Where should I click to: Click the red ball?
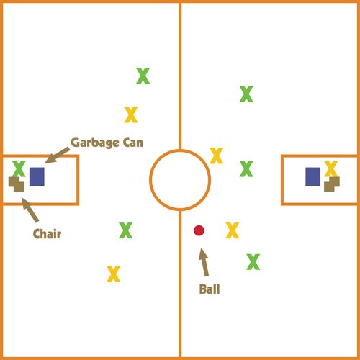[x=199, y=230]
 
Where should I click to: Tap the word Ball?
[x=210, y=289]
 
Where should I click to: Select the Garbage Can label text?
[x=107, y=143]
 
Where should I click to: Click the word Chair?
[x=47, y=234]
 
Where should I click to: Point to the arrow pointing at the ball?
[x=204, y=262]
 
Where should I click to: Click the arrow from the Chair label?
[x=30, y=210]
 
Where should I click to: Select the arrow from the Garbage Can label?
[x=57, y=156]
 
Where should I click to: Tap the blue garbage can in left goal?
[x=37, y=176]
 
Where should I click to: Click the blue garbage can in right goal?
[x=312, y=176]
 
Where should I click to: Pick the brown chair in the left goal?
[x=17, y=184]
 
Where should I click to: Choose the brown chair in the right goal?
[x=332, y=185]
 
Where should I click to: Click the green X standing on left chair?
[x=19, y=168]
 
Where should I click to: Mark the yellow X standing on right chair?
[x=331, y=168]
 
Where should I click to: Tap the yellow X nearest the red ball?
[x=233, y=230]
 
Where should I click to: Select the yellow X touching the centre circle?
[x=217, y=156]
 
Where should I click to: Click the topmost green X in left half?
[x=143, y=76]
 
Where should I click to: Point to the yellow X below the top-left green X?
[x=131, y=115]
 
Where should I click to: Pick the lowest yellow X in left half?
[x=114, y=274]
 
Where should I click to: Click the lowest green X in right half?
[x=253, y=262]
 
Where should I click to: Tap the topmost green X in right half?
[x=246, y=94]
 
